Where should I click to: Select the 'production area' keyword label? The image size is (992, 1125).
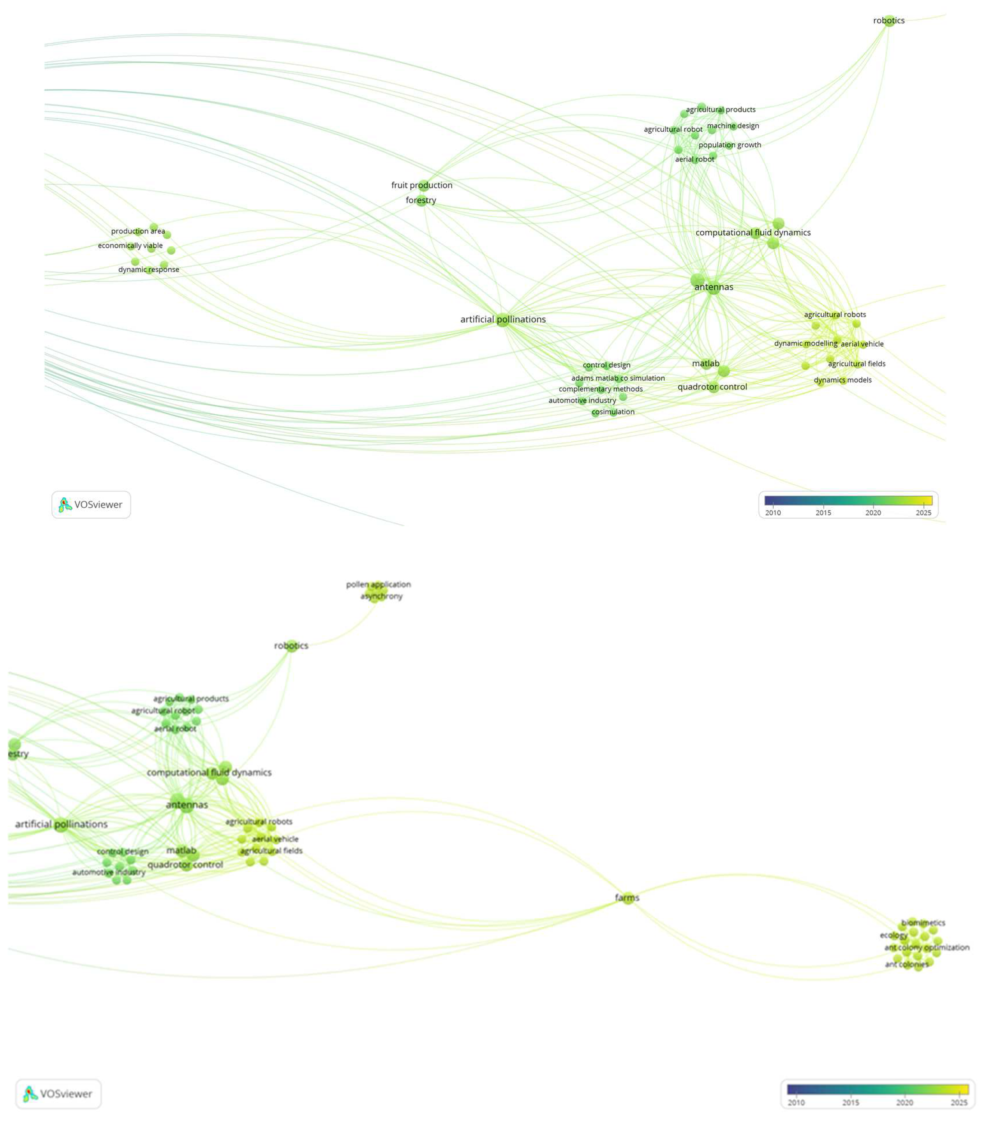click(x=138, y=231)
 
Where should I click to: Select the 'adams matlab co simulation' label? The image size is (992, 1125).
click(x=618, y=378)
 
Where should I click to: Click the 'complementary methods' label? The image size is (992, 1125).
click(x=601, y=389)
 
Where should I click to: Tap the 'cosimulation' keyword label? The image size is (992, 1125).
click(x=613, y=412)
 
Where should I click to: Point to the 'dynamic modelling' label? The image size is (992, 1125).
click(x=805, y=344)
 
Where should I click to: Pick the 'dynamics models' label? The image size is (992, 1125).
click(x=842, y=380)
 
